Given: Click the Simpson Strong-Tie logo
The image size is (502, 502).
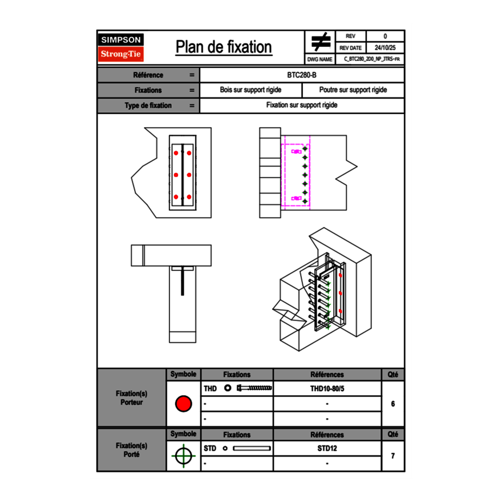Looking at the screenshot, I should tap(121, 47).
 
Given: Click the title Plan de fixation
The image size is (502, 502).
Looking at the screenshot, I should tap(224, 47).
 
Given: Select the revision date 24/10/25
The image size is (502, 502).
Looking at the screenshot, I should tap(385, 48).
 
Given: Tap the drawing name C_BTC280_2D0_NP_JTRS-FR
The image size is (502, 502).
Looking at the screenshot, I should tap(371, 59).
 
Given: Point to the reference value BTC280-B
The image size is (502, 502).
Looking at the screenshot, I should tap(302, 75).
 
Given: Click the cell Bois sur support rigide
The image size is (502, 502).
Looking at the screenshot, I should tap(250, 90).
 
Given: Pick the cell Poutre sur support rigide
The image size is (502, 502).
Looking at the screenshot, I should tap(353, 90).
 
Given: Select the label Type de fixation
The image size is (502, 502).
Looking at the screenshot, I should tap(148, 106).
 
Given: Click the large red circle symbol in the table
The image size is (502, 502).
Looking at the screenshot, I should tap(183, 404).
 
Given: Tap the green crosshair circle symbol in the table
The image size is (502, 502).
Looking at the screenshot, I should tap(183, 456).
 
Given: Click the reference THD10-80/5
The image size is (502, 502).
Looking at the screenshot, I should tap(327, 388).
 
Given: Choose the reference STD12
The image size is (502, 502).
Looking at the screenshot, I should tap(327, 448).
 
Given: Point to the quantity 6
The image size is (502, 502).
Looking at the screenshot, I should tap(392, 404).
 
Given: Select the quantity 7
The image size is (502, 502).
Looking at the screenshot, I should tap(392, 456).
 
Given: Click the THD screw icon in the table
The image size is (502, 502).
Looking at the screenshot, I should tap(254, 388).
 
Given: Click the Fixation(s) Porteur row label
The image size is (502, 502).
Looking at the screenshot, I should tap(131, 398).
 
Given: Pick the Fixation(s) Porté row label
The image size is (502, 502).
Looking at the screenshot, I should tap(131, 450).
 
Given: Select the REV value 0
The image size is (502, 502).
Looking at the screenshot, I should tap(385, 37).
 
